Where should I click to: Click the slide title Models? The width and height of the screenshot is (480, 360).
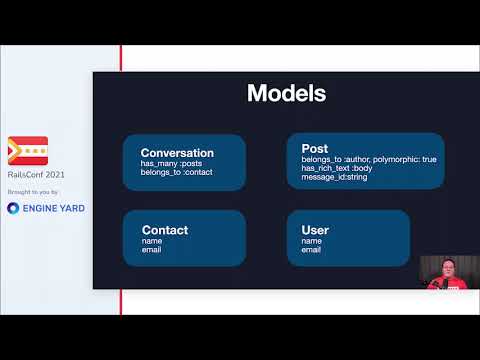click(x=286, y=94)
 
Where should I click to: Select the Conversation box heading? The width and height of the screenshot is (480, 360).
click(x=177, y=153)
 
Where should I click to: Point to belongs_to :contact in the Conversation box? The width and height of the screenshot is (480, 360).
click(x=177, y=173)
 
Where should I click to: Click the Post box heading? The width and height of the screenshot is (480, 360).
click(x=314, y=149)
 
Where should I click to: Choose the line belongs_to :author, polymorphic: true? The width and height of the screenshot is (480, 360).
click(x=368, y=160)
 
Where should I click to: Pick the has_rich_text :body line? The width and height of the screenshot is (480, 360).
click(x=337, y=169)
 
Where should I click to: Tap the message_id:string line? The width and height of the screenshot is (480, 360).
click(x=334, y=178)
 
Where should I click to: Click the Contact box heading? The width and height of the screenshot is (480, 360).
click(x=164, y=230)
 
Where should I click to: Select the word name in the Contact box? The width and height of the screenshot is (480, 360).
click(x=152, y=241)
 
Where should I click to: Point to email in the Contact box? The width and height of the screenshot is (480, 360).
click(x=152, y=249)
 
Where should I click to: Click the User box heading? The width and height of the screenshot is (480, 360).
click(x=315, y=230)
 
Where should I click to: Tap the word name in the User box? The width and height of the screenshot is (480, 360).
click(x=311, y=241)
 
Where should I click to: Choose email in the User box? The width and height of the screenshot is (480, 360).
click(x=311, y=249)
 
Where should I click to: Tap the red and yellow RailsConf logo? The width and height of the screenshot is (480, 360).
click(x=27, y=151)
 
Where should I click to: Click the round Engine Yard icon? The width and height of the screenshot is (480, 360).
click(x=14, y=208)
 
